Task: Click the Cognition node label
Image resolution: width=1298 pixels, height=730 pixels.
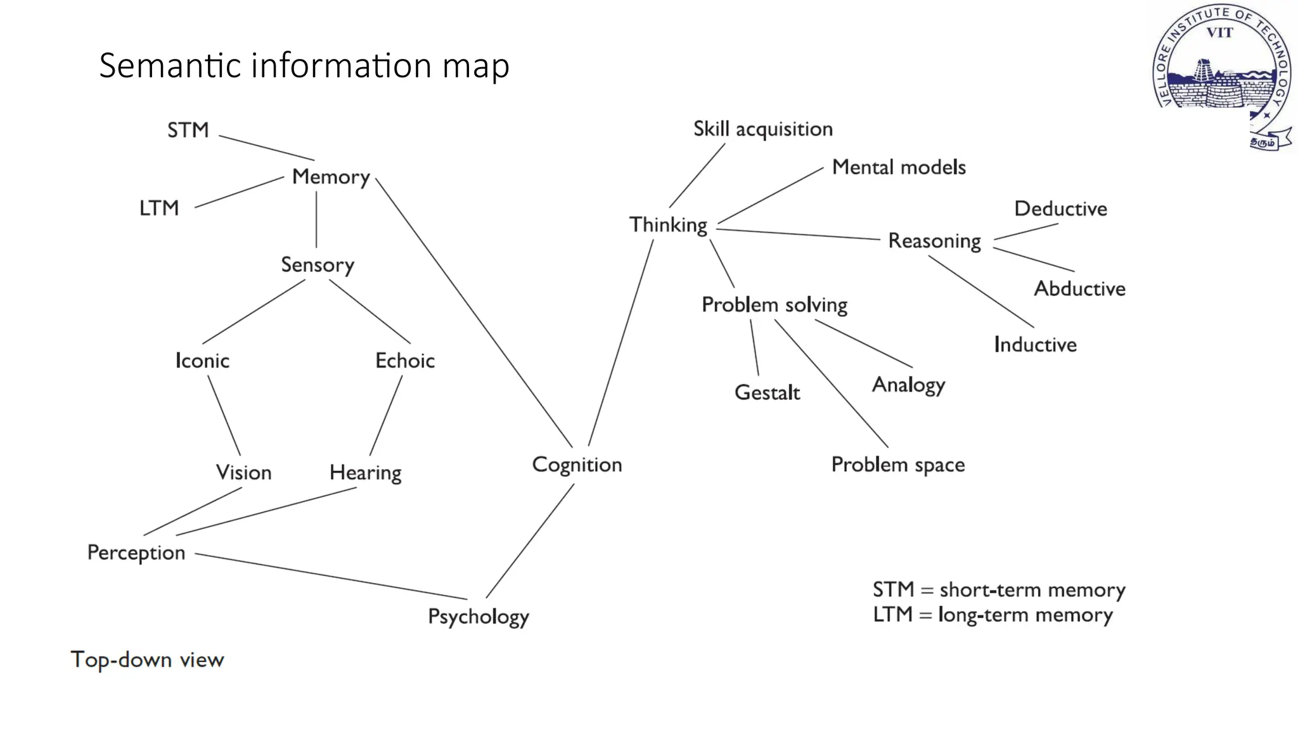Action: point(577,464)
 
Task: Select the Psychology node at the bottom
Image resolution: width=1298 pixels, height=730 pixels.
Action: point(479,616)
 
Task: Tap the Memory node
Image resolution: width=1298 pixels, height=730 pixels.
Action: point(331,177)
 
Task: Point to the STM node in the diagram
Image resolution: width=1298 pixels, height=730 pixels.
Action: point(188,130)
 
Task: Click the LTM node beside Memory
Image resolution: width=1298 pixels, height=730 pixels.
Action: point(159,208)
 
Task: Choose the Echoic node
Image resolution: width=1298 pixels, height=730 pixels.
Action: point(405,361)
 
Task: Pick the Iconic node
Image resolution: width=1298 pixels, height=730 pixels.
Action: point(202,361)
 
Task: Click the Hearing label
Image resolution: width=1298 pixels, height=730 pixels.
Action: point(366,473)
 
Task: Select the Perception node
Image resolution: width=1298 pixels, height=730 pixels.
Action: point(136,553)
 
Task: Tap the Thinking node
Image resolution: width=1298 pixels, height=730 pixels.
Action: point(668,225)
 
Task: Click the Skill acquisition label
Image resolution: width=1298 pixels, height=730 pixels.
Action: point(762,129)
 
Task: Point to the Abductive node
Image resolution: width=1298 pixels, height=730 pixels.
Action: point(1079,289)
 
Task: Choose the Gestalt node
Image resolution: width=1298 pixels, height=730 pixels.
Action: point(767,393)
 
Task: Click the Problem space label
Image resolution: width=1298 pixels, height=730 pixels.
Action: point(897,464)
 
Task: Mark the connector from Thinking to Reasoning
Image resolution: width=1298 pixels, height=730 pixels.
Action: point(799,234)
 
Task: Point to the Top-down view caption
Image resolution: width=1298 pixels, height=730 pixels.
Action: point(147,660)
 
